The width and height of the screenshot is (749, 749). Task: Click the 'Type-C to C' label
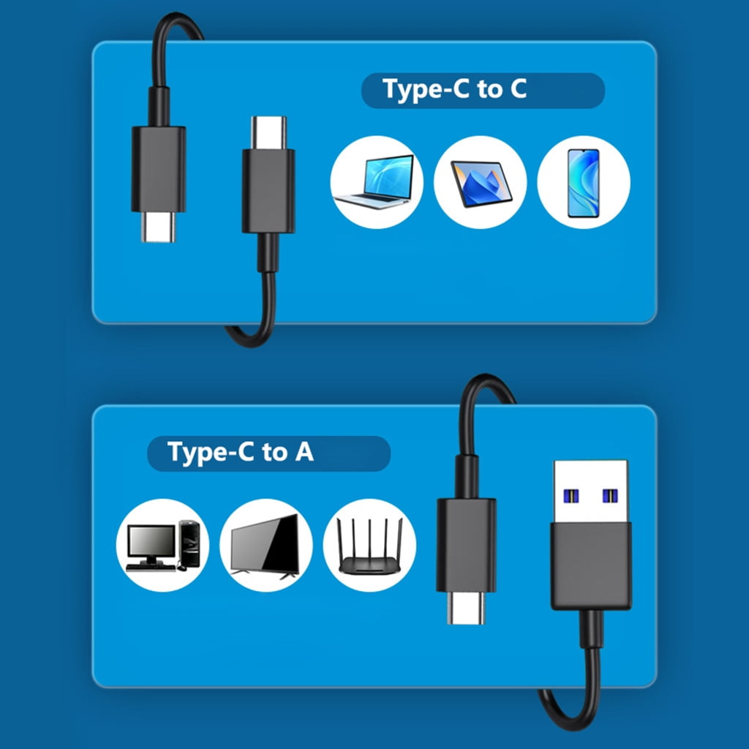tap(454, 89)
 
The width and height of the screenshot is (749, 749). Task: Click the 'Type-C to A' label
tap(240, 452)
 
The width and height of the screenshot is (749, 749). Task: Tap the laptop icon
tap(374, 181)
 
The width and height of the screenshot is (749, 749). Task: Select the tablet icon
tap(481, 184)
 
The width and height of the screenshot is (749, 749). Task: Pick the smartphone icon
tap(583, 183)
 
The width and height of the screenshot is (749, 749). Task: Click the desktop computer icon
tap(163, 546)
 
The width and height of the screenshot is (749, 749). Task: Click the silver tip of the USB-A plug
tap(590, 492)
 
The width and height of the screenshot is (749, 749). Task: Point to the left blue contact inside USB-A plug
tap(571, 496)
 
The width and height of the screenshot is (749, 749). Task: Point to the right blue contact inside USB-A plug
tap(610, 496)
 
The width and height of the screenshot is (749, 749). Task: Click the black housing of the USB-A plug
tap(591, 566)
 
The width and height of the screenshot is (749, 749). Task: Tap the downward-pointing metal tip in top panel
tap(159, 227)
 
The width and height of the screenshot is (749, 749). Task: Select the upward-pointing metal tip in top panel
tap(268, 132)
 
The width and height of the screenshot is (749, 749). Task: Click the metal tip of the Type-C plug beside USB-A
tap(466, 608)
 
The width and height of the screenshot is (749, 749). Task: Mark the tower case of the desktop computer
tap(189, 543)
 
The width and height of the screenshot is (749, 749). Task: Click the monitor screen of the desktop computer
tap(151, 541)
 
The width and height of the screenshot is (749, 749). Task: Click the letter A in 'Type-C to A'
tap(304, 452)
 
